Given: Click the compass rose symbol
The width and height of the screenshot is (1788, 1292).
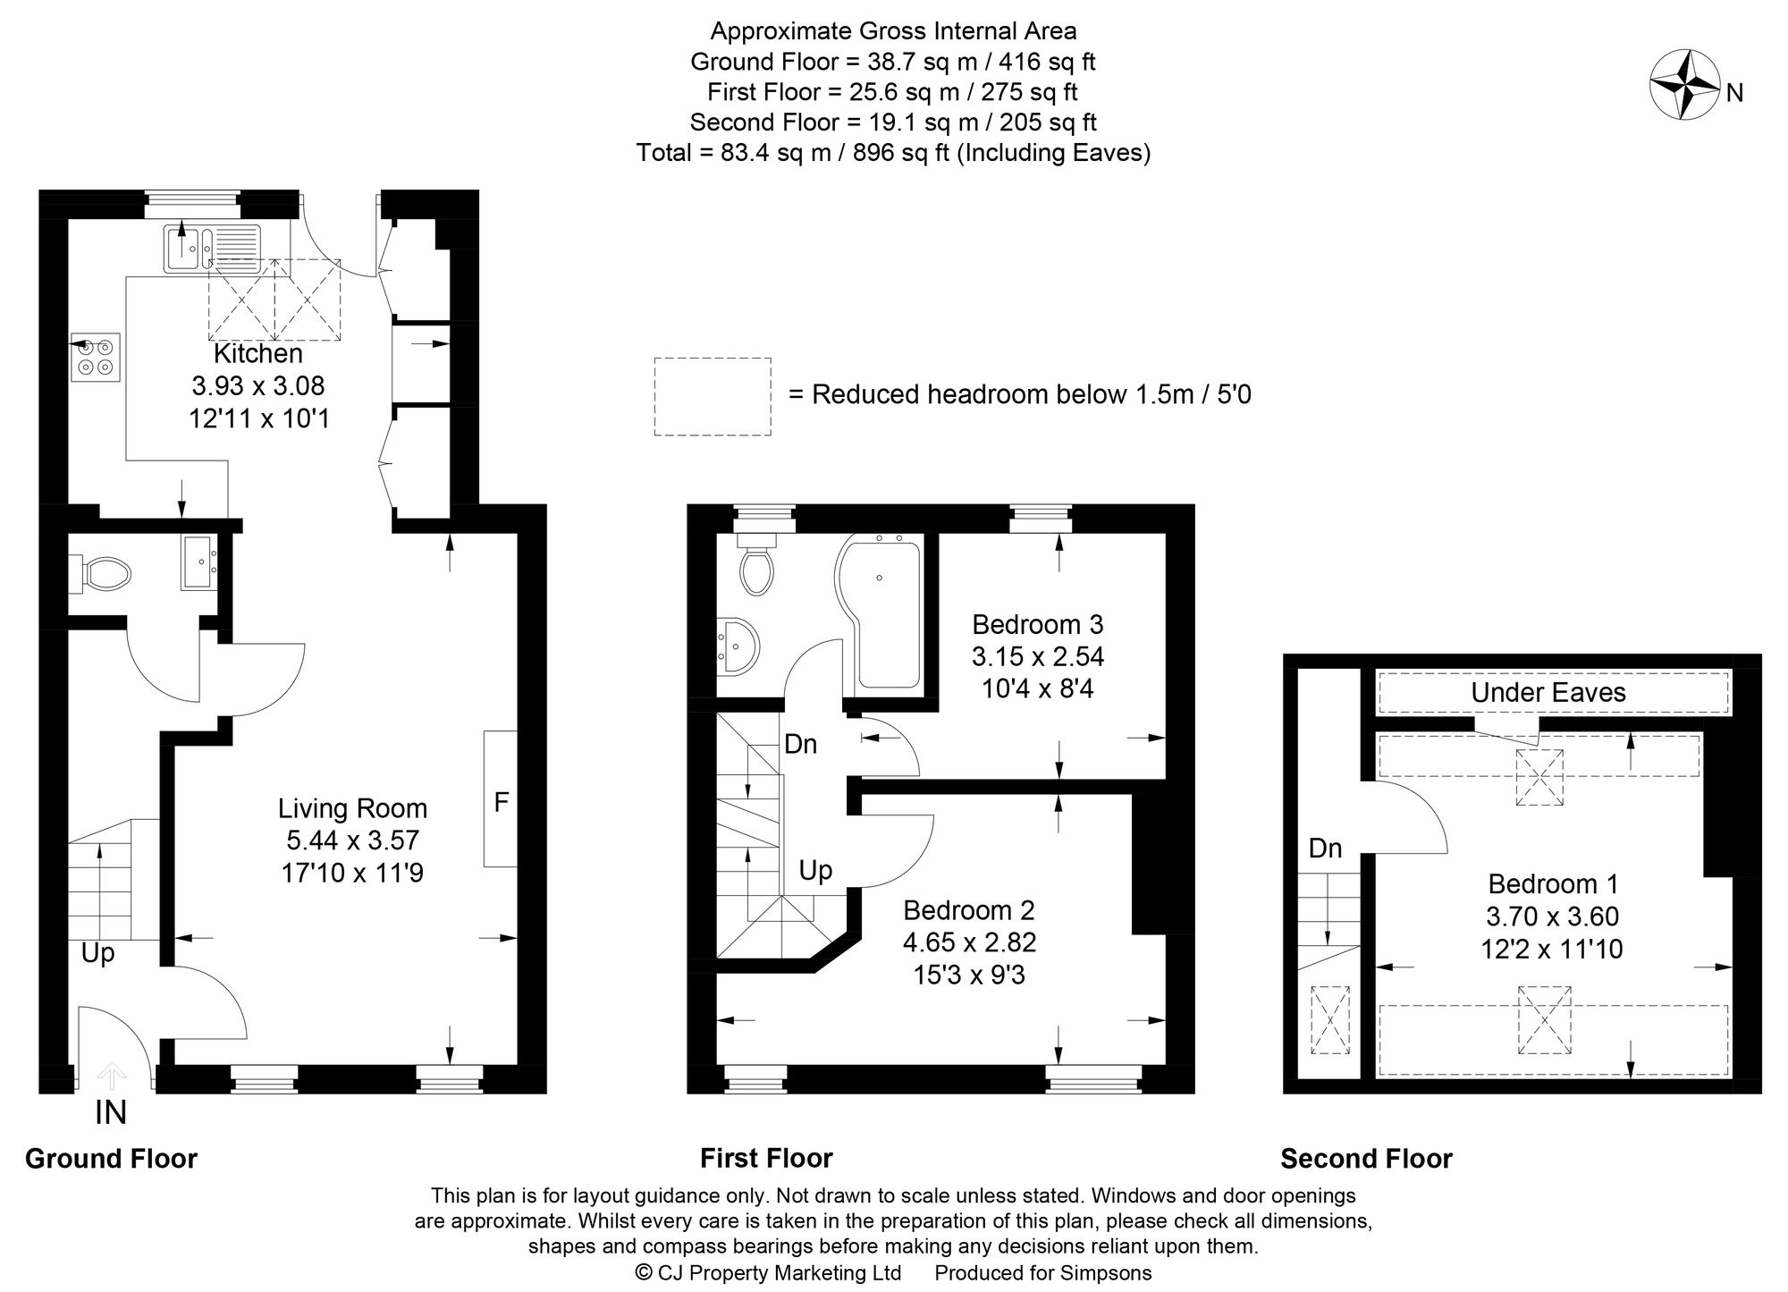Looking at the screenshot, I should pyautogui.click(x=1684, y=86).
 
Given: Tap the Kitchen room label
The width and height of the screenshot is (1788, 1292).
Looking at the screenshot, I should pyautogui.click(x=257, y=354).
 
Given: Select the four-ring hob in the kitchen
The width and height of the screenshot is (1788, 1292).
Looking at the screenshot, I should pyautogui.click(x=96, y=357).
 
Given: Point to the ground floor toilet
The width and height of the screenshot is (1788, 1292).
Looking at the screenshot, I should pyautogui.click(x=105, y=571).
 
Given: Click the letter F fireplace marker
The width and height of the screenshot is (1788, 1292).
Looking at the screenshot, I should pyautogui.click(x=502, y=802).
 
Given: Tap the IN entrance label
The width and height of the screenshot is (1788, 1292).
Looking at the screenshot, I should pyautogui.click(x=111, y=1113).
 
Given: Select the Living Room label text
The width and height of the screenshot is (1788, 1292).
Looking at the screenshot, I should pyautogui.click(x=352, y=809).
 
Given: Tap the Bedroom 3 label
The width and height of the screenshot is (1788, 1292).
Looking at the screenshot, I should pyautogui.click(x=1037, y=624).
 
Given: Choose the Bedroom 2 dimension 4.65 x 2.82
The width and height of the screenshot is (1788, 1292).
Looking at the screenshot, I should pyautogui.click(x=969, y=942).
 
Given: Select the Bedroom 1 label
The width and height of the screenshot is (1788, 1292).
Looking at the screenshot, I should pyautogui.click(x=1553, y=884).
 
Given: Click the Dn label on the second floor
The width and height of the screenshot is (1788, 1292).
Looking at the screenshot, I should pyautogui.click(x=1325, y=849).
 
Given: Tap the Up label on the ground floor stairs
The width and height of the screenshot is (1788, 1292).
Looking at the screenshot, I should pyautogui.click(x=97, y=954).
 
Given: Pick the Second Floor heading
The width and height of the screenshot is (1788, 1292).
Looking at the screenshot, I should pyautogui.click(x=1366, y=1159).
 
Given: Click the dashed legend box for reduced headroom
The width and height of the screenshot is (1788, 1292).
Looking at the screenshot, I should pyautogui.click(x=713, y=396).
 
